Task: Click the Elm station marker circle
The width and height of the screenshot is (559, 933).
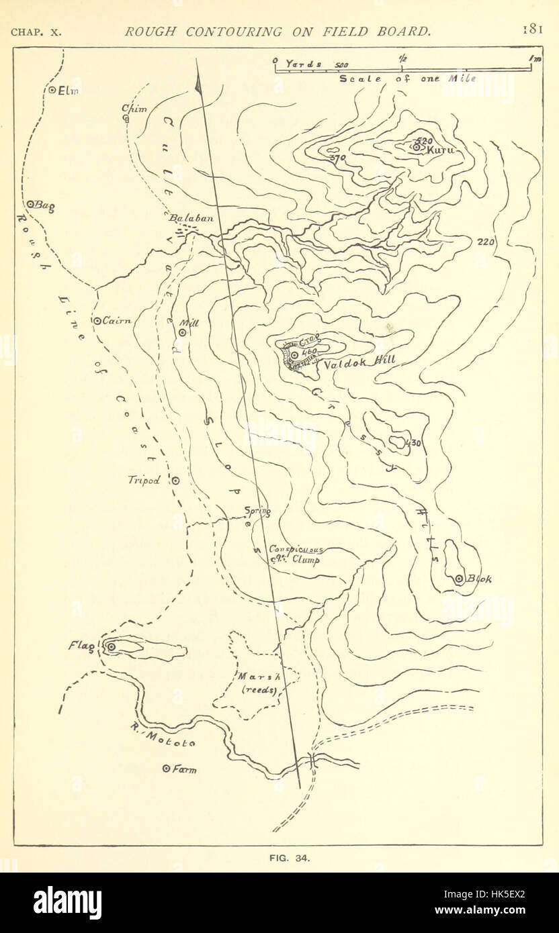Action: click(52, 91)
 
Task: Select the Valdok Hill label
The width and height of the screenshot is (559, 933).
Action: click(359, 362)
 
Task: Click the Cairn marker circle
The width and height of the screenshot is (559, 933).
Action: click(97, 321)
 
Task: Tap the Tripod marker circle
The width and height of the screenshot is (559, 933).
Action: click(175, 481)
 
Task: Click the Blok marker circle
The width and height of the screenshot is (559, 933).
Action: click(460, 579)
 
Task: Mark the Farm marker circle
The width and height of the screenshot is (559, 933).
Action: click(166, 769)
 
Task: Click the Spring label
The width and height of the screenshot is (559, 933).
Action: click(257, 511)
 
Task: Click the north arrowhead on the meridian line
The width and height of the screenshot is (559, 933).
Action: click(198, 84)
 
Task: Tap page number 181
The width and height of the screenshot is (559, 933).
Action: click(535, 31)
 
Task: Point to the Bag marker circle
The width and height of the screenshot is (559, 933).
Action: click(30, 204)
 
